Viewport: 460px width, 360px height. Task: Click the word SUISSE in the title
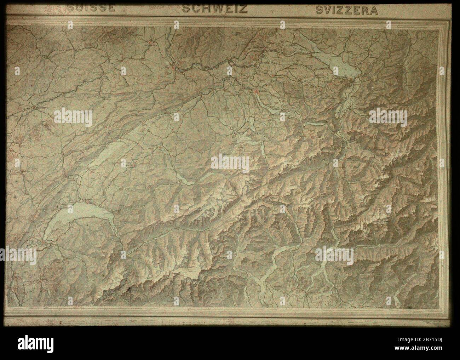point(92,8)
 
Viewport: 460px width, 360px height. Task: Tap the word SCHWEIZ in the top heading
point(214,8)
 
